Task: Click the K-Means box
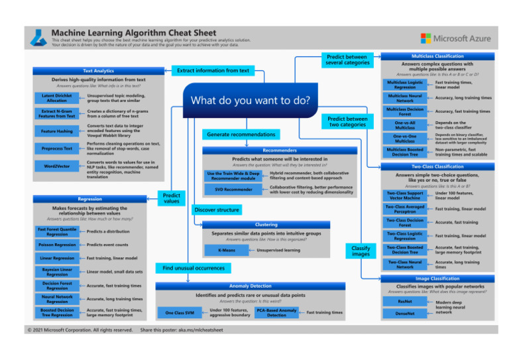point(227,251)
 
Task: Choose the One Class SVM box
point(179,312)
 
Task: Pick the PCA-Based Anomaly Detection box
point(276,312)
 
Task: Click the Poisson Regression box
point(57,245)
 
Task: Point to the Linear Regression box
point(57,258)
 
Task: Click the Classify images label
point(361,250)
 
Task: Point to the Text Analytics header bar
point(97,70)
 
